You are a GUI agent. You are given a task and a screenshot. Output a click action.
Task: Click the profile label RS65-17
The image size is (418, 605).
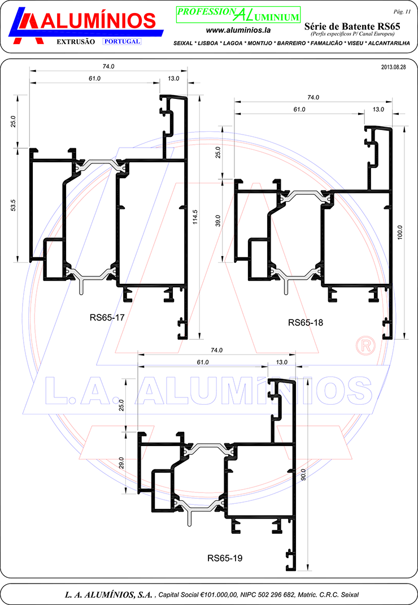[107, 317]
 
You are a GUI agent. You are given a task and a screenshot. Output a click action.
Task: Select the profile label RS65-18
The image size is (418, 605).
[305, 323]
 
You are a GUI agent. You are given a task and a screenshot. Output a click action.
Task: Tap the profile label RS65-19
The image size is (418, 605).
[225, 558]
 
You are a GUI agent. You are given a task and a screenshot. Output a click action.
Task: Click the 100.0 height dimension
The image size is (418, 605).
[400, 231]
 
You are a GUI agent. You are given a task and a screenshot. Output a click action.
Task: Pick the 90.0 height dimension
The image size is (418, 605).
[303, 474]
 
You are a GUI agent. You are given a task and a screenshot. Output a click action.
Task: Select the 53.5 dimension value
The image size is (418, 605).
[13, 206]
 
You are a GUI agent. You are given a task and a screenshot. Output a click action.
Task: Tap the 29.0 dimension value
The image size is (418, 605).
[121, 462]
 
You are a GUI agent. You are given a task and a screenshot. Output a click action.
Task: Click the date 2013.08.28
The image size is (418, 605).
[394, 67]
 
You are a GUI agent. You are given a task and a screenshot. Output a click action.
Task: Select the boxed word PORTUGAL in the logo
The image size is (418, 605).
[122, 42]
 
